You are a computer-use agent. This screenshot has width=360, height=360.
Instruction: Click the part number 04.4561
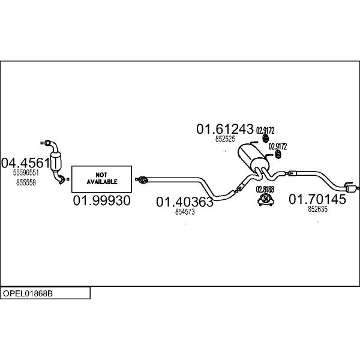tap(25, 163)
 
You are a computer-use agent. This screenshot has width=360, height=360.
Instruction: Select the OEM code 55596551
tap(26, 173)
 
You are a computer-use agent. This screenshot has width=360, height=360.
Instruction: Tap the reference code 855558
tap(26, 182)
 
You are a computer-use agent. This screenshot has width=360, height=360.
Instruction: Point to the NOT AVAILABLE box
tap(101, 179)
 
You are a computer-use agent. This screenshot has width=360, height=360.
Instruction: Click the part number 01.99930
tap(102, 200)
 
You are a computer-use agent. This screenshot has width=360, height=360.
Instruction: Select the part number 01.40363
tap(185, 202)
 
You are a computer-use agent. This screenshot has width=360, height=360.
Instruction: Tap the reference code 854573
tap(185, 212)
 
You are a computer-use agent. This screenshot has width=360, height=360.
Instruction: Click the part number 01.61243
tap(225, 129)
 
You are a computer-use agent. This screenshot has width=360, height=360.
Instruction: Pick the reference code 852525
tap(225, 139)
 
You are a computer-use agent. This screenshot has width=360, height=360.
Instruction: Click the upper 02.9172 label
tap(265, 131)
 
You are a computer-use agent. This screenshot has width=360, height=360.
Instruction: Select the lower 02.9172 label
tap(278, 146)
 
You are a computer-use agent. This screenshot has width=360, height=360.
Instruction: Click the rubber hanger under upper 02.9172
tap(266, 139)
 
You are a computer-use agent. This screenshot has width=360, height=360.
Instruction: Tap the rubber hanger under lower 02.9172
tap(278, 155)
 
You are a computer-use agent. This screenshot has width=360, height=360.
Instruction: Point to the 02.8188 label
tap(265, 190)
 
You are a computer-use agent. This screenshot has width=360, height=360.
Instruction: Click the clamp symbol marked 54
tap(266, 199)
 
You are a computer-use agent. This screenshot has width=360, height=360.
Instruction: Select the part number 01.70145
tap(317, 199)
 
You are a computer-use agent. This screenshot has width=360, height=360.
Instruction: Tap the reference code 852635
tap(317, 209)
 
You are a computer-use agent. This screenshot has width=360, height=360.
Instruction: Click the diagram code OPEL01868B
tap(28, 293)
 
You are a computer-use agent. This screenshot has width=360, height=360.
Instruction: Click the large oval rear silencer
tap(253, 157)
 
